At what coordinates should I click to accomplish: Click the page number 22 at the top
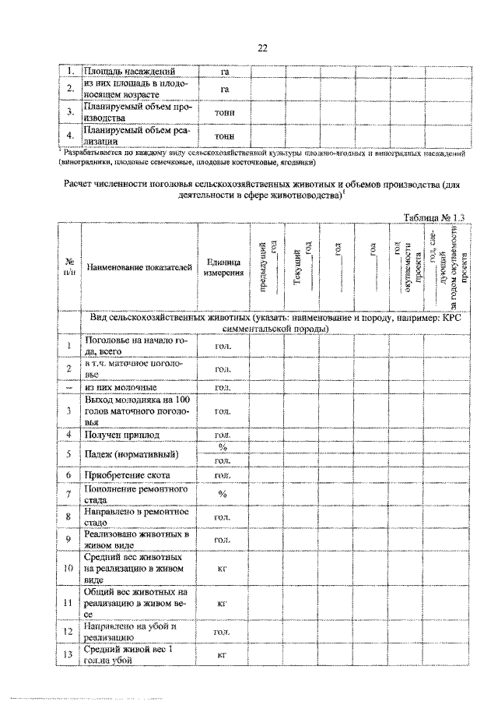[262, 48]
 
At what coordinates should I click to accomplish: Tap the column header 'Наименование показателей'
[139, 267]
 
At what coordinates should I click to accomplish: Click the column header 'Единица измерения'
[223, 267]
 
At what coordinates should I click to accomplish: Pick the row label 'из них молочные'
[121, 386]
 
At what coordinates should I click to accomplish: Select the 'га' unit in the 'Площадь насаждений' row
[225, 72]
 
